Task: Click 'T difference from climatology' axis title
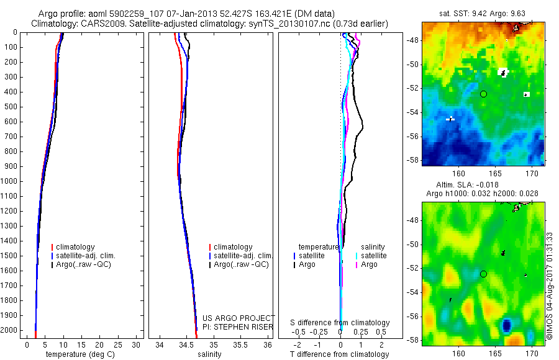pos(340,354)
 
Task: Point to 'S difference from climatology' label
pos(340,323)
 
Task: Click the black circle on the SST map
pos(483,94)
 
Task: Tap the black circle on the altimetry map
pos(483,274)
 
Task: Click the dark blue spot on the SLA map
pos(507,325)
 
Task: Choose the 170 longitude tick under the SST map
pos(532,174)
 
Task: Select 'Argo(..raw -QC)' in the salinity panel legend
pos(241,264)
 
